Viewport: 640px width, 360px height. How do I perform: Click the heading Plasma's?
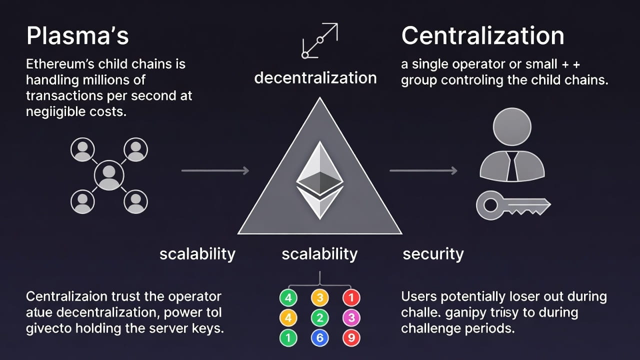[77, 36]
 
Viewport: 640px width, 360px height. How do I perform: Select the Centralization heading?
[482, 36]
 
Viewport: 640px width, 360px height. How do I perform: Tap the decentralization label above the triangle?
[315, 78]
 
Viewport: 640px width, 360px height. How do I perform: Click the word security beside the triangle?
[433, 254]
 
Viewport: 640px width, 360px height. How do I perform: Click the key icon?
[513, 205]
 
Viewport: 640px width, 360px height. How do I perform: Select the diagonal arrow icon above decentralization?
[320, 40]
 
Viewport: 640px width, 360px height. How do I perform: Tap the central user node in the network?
[109, 175]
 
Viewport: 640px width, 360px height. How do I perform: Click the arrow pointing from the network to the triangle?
[215, 171]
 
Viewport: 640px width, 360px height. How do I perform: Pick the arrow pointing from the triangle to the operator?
[423, 171]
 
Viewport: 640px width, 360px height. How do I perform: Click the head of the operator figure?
[512, 127]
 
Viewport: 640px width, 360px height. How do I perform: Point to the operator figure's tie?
[512, 166]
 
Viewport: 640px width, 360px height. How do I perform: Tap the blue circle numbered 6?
[320, 338]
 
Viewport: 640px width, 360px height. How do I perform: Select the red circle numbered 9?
[351, 338]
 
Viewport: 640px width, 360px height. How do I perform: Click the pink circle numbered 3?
[351, 318]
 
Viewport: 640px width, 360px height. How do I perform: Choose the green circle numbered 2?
[320, 318]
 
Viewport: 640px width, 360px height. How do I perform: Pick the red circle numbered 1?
[351, 298]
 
